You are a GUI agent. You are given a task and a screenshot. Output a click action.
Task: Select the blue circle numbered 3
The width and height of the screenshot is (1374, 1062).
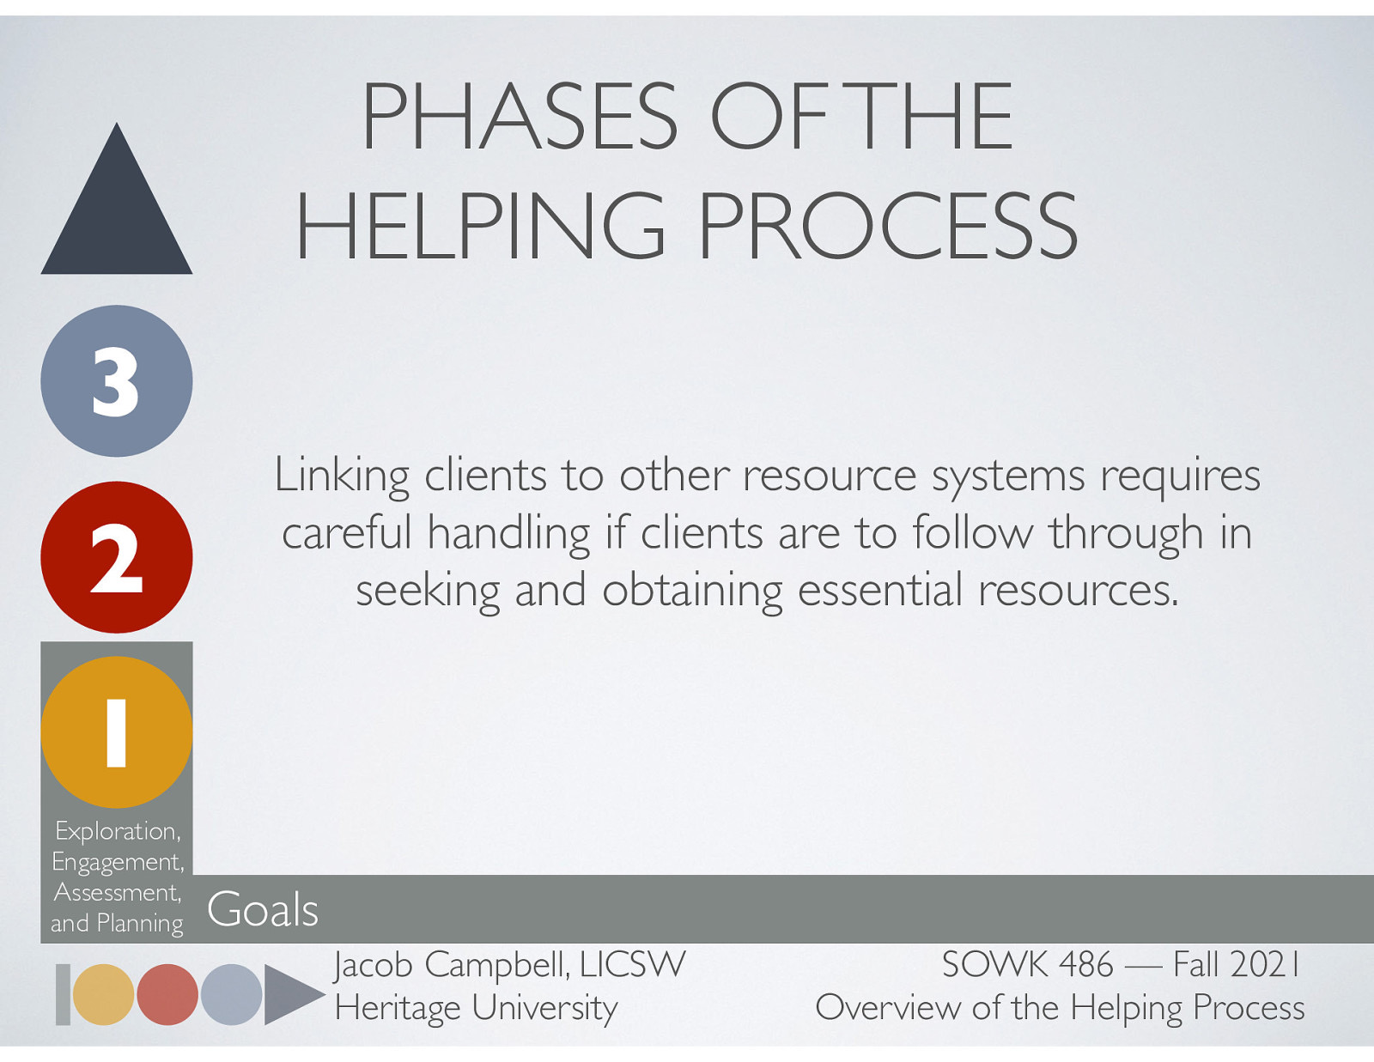[x=117, y=381]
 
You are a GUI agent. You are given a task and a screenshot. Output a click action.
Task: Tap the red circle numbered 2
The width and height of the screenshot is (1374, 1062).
[x=117, y=557]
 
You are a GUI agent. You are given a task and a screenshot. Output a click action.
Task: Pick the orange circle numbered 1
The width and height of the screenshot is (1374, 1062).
[x=117, y=732]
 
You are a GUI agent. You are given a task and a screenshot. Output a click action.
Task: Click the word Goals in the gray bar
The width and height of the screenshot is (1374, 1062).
[x=263, y=910]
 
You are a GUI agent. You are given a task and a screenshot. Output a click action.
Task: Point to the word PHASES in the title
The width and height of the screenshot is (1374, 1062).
[x=520, y=117]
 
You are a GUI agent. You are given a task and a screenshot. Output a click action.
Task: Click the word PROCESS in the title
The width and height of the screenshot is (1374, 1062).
[x=887, y=226]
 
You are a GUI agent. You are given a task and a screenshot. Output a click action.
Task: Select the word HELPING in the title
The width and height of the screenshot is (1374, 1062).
[x=481, y=226]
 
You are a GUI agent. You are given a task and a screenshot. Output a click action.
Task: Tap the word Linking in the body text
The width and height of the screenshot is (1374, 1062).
[x=342, y=476]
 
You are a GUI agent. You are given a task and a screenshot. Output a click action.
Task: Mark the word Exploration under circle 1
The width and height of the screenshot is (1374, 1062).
[x=117, y=831]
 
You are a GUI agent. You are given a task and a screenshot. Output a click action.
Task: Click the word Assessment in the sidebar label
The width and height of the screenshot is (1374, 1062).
[x=117, y=893]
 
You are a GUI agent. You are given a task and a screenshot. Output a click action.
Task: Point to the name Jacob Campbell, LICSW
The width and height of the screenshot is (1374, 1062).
[x=510, y=965]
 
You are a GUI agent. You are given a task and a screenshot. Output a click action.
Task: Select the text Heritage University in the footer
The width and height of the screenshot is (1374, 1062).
[x=477, y=1008]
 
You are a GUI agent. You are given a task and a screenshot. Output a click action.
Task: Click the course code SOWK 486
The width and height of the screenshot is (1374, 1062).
[x=1027, y=965]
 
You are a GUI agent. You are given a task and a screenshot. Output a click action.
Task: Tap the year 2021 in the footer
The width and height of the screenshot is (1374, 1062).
[x=1265, y=965]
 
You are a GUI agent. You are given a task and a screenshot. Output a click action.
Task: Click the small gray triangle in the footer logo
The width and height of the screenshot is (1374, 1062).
[x=289, y=994]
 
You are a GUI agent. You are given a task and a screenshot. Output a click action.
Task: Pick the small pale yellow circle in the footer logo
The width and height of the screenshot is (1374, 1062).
[x=103, y=994]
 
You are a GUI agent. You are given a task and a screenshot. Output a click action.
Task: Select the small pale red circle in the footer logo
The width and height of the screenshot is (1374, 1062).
[x=167, y=994]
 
